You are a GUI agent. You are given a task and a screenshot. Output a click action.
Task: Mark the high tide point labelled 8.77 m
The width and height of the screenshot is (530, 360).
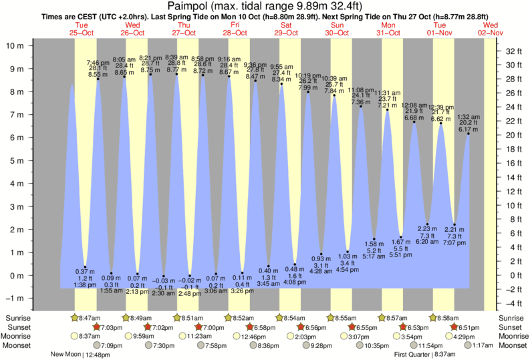click(176, 73)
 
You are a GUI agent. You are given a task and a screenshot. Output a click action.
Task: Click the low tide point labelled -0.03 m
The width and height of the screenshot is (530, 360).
click(164, 276)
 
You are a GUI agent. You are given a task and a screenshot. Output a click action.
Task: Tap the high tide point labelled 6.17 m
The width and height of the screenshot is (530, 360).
click(468, 134)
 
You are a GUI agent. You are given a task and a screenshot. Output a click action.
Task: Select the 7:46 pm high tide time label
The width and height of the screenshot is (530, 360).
click(98, 61)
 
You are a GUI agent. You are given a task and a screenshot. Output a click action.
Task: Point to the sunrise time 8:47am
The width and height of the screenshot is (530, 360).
click(88, 317)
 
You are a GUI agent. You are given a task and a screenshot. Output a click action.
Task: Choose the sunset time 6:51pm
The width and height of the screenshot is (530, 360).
click(471, 327)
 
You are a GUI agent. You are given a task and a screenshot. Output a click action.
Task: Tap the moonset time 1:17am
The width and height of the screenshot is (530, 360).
click(475, 345)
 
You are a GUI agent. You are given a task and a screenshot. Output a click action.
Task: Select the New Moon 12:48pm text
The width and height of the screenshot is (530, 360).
click(82, 355)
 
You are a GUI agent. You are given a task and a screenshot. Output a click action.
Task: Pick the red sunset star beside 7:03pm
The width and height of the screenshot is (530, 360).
click(97, 327)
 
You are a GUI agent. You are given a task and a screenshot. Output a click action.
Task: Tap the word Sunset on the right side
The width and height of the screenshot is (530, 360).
click(510, 327)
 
